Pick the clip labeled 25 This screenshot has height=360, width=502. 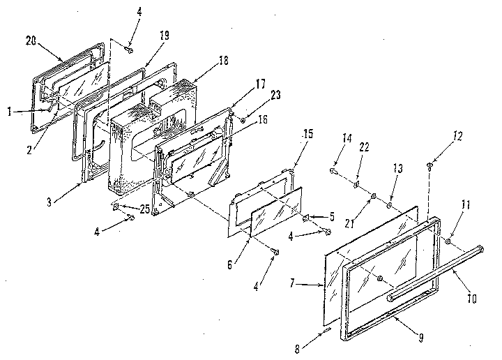point(115,207)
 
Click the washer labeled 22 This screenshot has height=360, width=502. point(356,184)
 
